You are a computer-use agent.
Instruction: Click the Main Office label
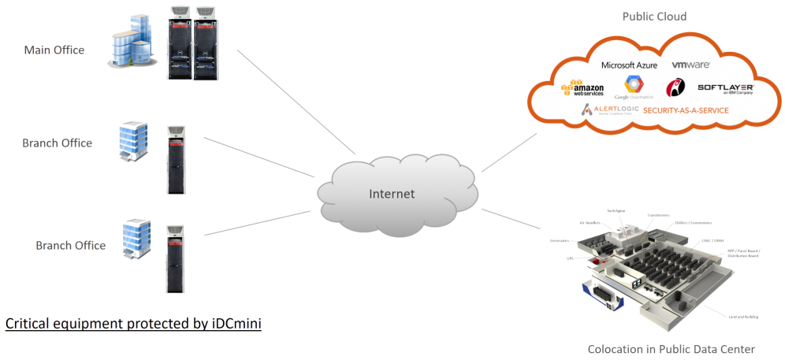pos(54,50)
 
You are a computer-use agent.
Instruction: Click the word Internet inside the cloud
pos(392,193)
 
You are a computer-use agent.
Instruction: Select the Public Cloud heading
pos(653,16)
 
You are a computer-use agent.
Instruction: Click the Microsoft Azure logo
pos(629,65)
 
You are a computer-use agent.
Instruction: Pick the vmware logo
pos(690,64)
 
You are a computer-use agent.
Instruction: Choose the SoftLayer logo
pos(726,87)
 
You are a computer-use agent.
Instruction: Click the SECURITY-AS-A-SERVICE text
pos(686,111)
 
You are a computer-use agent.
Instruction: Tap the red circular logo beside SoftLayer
pos(675,87)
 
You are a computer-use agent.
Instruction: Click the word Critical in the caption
pos(28,324)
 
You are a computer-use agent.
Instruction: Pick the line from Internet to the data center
pos(512,221)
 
